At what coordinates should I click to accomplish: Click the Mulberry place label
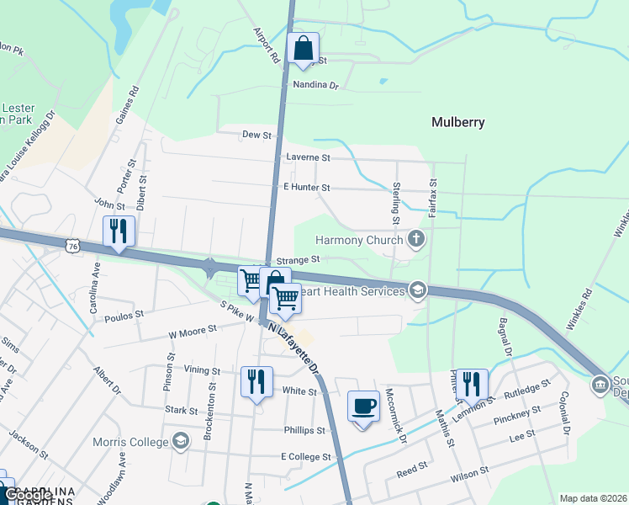[457, 122]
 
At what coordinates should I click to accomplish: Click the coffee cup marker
[363, 407]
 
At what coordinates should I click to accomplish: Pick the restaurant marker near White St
[256, 381]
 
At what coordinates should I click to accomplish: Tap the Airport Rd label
[266, 45]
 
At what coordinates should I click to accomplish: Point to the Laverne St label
[308, 157]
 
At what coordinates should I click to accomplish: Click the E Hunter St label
[307, 188]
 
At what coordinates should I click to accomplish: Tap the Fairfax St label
[432, 199]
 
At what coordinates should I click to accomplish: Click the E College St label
[307, 456]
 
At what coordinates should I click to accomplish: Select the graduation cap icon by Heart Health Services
[416, 291]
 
